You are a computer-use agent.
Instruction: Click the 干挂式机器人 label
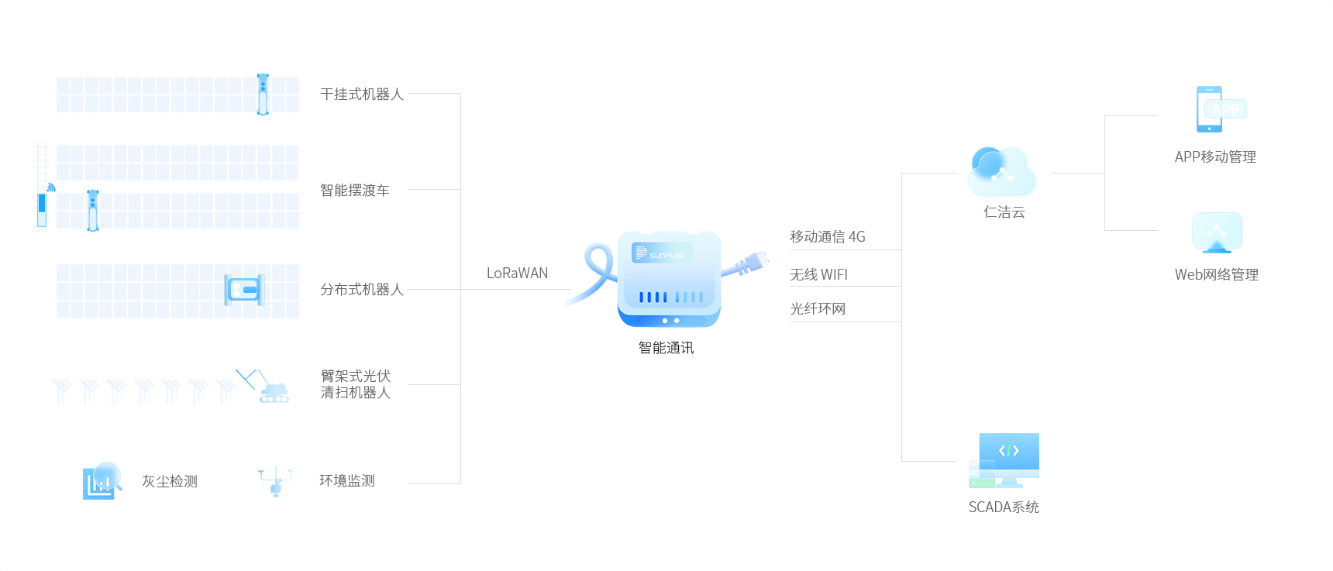tap(362, 95)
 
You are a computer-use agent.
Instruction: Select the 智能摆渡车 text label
tap(355, 191)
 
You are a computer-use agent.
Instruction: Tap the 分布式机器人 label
tap(362, 290)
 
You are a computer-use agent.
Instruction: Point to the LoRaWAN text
tap(517, 273)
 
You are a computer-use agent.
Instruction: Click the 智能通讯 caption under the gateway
tap(666, 348)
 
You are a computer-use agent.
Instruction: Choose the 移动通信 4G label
tap(828, 237)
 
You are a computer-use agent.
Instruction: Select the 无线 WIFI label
tap(818, 275)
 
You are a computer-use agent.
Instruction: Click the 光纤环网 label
tap(818, 309)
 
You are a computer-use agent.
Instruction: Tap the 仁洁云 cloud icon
tap(1001, 171)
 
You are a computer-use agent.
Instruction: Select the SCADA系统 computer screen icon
tap(1004, 460)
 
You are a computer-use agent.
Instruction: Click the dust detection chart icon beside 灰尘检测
tap(102, 481)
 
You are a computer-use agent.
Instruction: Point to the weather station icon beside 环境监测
tap(276, 480)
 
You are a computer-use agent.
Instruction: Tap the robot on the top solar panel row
tap(263, 95)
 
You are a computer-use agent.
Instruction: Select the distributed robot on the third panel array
tap(245, 291)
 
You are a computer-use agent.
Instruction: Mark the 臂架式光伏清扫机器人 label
tap(356, 384)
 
